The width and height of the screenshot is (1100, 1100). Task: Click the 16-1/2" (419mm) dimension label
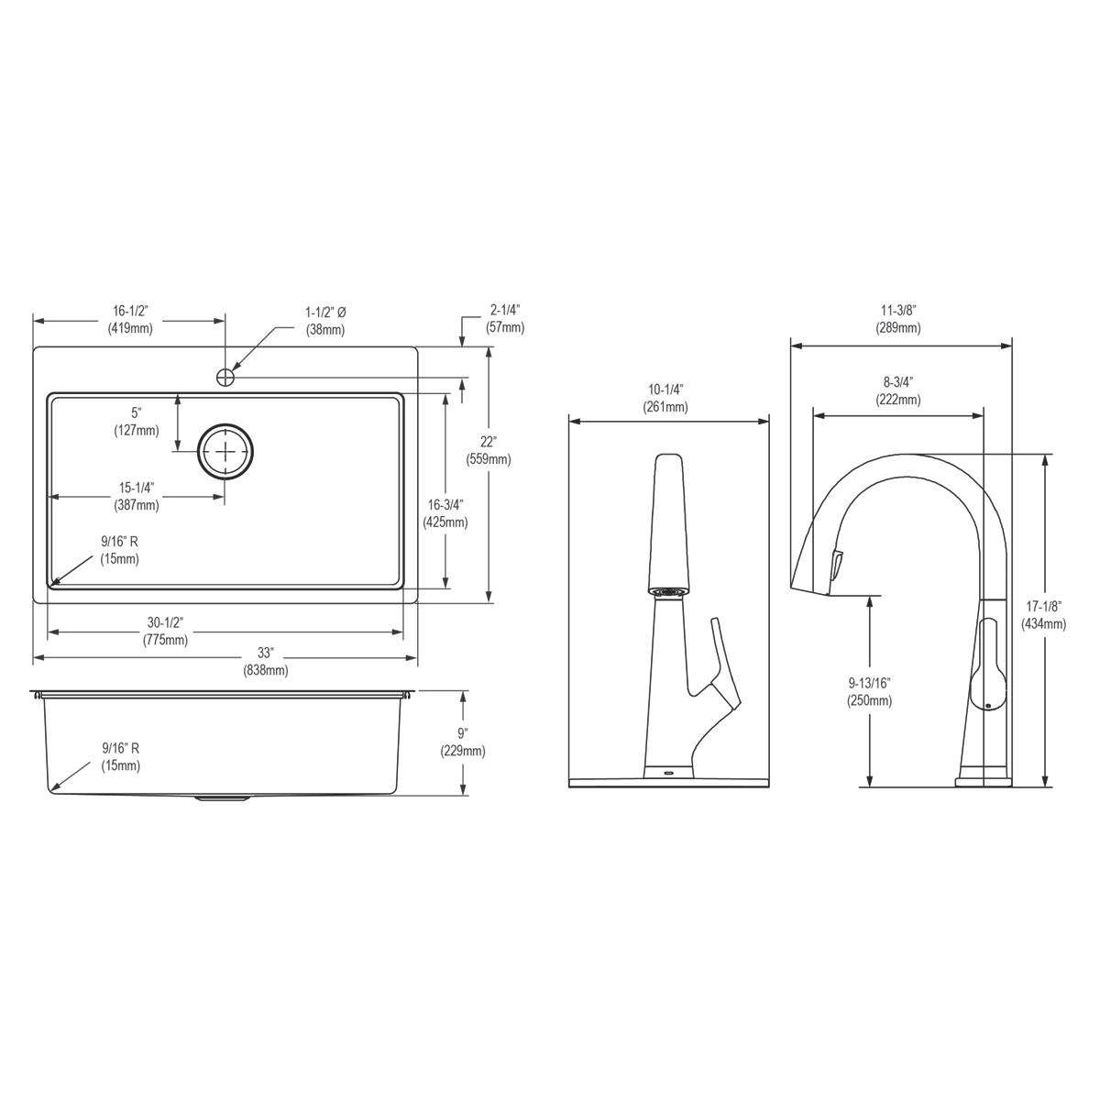tap(129, 321)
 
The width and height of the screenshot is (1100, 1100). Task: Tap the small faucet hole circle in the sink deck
tap(225, 376)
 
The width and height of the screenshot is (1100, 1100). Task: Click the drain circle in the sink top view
tap(225, 451)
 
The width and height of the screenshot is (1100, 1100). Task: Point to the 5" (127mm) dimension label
tap(136, 422)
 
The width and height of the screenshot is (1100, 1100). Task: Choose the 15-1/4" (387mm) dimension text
tap(136, 497)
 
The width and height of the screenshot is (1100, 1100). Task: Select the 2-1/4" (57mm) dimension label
tap(505, 318)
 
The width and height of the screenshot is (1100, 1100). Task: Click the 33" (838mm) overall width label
tap(266, 662)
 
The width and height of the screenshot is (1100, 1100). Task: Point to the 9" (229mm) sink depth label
tap(463, 742)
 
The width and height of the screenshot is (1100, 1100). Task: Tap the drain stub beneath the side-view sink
tap(222, 798)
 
